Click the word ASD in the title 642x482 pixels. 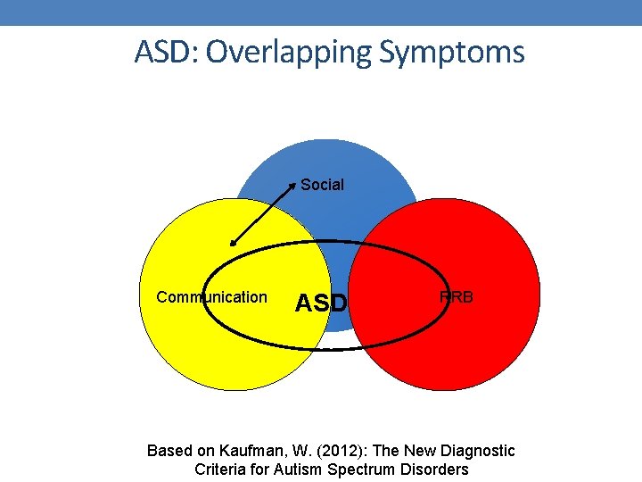(x=165, y=52)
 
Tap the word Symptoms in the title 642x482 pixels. (x=452, y=52)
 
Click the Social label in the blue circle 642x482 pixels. (x=322, y=185)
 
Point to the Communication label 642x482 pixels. (x=211, y=297)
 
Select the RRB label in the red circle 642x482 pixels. (x=456, y=297)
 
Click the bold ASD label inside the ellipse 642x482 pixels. (x=320, y=303)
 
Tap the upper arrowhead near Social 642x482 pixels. (x=293, y=186)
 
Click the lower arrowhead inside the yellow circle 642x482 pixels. (x=232, y=242)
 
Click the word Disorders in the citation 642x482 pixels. (x=434, y=470)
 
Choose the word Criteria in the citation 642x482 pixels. (x=222, y=470)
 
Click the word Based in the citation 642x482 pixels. (x=168, y=451)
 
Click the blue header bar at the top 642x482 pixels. (x=321, y=12)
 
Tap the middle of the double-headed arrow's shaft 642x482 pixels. (x=263, y=214)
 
